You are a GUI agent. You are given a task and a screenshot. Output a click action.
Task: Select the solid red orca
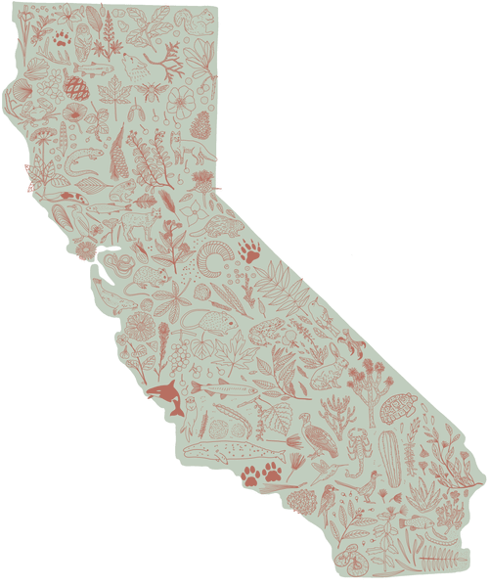tap(167, 396)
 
